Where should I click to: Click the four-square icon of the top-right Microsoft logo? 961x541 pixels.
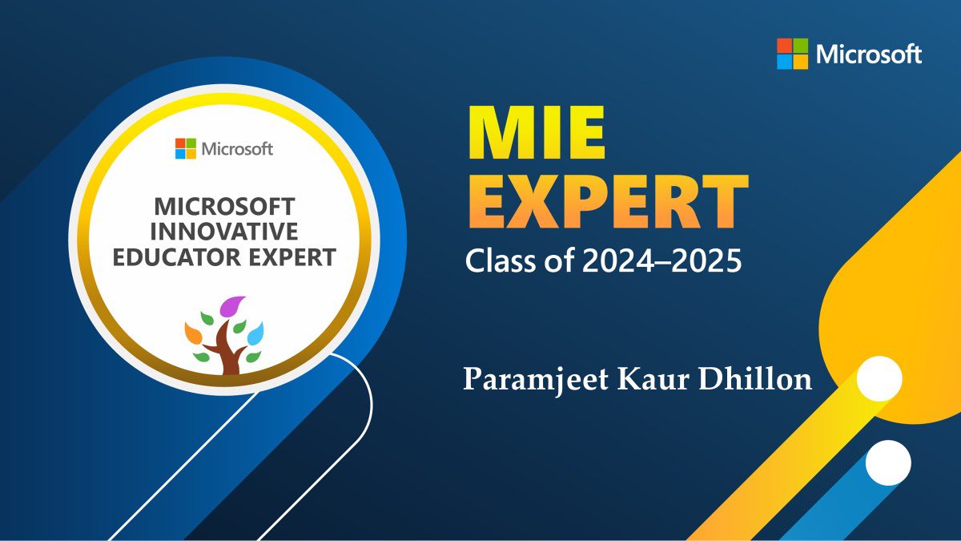pyautogui.click(x=792, y=55)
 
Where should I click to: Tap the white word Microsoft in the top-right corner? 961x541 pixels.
pyautogui.click(x=869, y=55)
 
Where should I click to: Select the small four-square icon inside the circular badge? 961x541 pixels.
pyautogui.click(x=186, y=148)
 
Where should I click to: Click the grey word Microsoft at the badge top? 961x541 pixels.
pyautogui.click(x=237, y=148)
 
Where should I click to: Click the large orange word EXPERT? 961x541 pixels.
pyautogui.click(x=607, y=206)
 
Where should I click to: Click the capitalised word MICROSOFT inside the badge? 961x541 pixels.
pyautogui.click(x=224, y=206)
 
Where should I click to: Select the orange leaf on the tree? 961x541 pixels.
pyautogui.click(x=193, y=331)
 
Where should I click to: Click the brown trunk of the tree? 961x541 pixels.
pyautogui.click(x=229, y=357)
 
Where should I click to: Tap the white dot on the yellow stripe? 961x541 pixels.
pyautogui.click(x=879, y=379)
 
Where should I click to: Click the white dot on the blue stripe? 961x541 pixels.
pyautogui.click(x=889, y=462)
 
